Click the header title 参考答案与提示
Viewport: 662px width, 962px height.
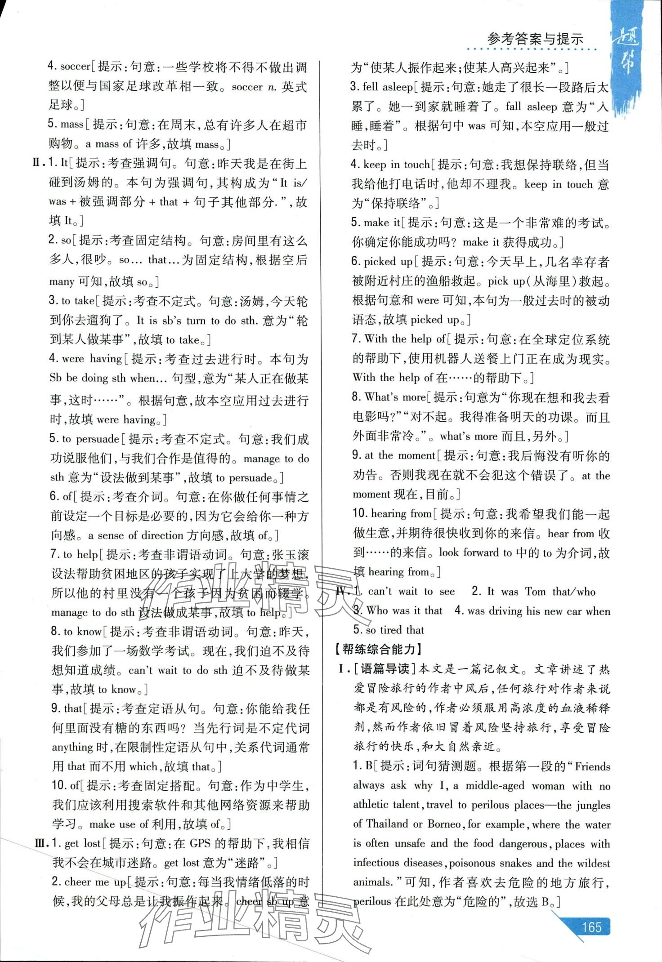pos(535,39)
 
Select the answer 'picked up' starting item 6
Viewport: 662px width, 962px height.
pos(388,261)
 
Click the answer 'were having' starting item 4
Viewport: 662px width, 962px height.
pos(92,359)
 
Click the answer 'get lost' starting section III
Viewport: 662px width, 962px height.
pos(82,843)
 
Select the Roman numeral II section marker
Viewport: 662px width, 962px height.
pos(38,163)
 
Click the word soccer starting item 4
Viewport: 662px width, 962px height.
pos(75,67)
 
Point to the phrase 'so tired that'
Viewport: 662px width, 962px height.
pos(394,630)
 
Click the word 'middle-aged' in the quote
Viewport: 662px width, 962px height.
pos(495,786)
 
